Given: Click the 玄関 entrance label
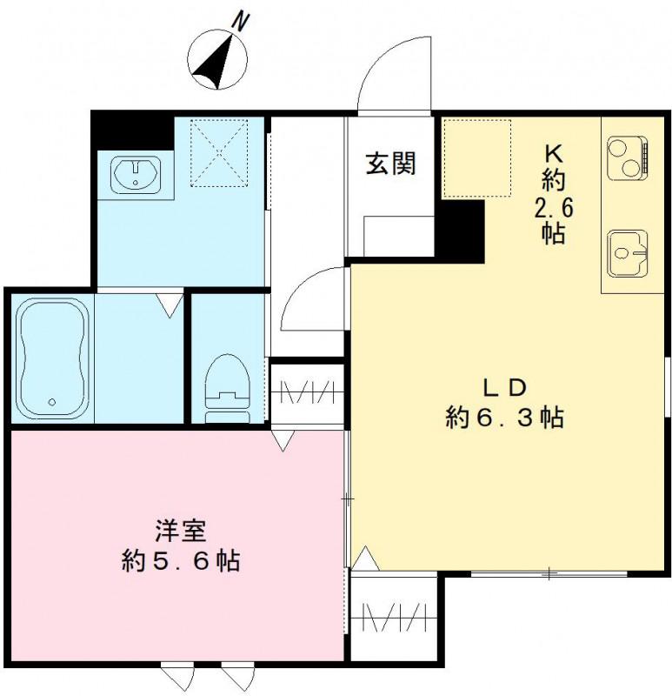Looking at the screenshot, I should tap(389, 163).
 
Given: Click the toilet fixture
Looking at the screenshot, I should tap(228, 387).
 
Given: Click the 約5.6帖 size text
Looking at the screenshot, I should tap(180, 560).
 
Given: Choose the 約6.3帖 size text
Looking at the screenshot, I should tap(504, 418).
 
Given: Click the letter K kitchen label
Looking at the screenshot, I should tap(554, 152).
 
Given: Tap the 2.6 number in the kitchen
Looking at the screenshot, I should tap(554, 208).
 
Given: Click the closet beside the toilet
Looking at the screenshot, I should tap(306, 391).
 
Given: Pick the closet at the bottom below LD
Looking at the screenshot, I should tap(392, 618).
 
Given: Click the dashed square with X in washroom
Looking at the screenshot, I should tap(219, 152).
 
